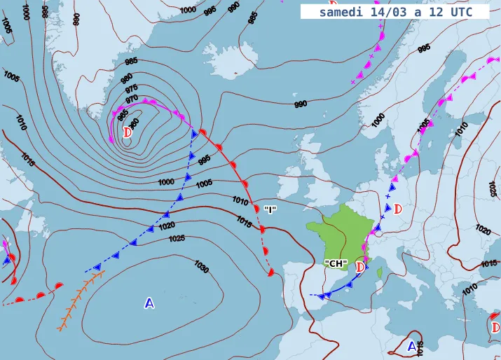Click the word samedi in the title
[340, 12]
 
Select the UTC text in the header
[459, 12]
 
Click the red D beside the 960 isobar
[128, 132]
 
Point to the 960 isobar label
[134, 122]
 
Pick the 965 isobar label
[123, 113]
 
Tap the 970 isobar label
[131, 99]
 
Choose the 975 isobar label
[131, 88]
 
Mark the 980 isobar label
[127, 77]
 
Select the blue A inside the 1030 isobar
[149, 303]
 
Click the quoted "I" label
[270, 209]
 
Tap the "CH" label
[336, 263]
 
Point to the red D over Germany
[398, 208]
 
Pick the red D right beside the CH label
[360, 266]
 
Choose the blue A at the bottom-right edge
[412, 345]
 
